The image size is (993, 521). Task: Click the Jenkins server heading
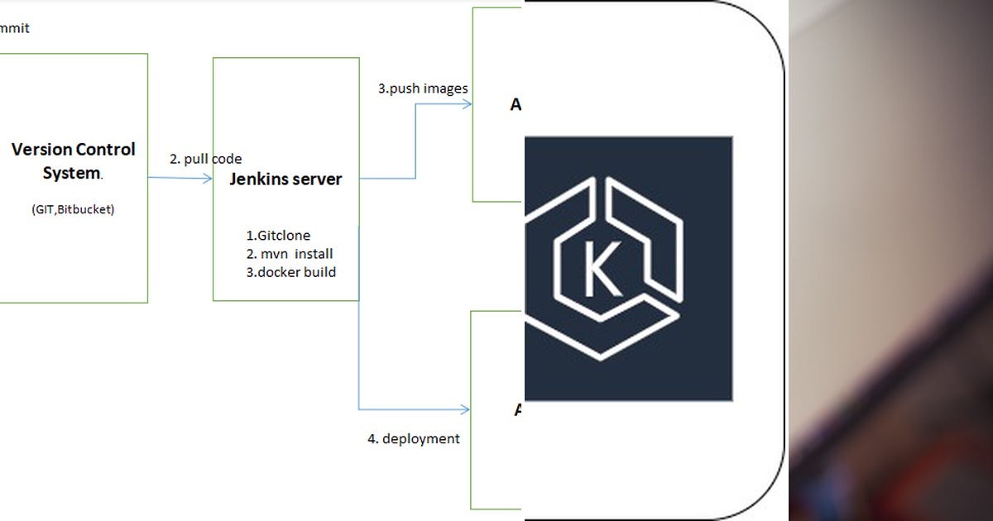click(285, 179)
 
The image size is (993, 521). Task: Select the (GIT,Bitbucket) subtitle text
click(73, 209)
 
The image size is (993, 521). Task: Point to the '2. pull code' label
click(205, 159)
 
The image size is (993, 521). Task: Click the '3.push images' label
click(423, 88)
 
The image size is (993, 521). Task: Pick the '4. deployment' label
click(413, 438)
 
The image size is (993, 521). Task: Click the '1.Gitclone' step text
click(278, 236)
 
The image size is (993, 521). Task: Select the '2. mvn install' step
click(290, 254)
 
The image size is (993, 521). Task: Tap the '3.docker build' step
click(291, 272)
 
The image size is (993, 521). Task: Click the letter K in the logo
click(602, 270)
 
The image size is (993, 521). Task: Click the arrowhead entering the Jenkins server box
click(208, 178)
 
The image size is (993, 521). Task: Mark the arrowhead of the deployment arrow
click(465, 409)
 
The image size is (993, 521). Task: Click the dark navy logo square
click(628, 269)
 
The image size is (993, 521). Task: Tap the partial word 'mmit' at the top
click(15, 28)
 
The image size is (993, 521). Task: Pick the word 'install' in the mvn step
click(314, 254)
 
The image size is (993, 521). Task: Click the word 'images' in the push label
click(446, 88)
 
